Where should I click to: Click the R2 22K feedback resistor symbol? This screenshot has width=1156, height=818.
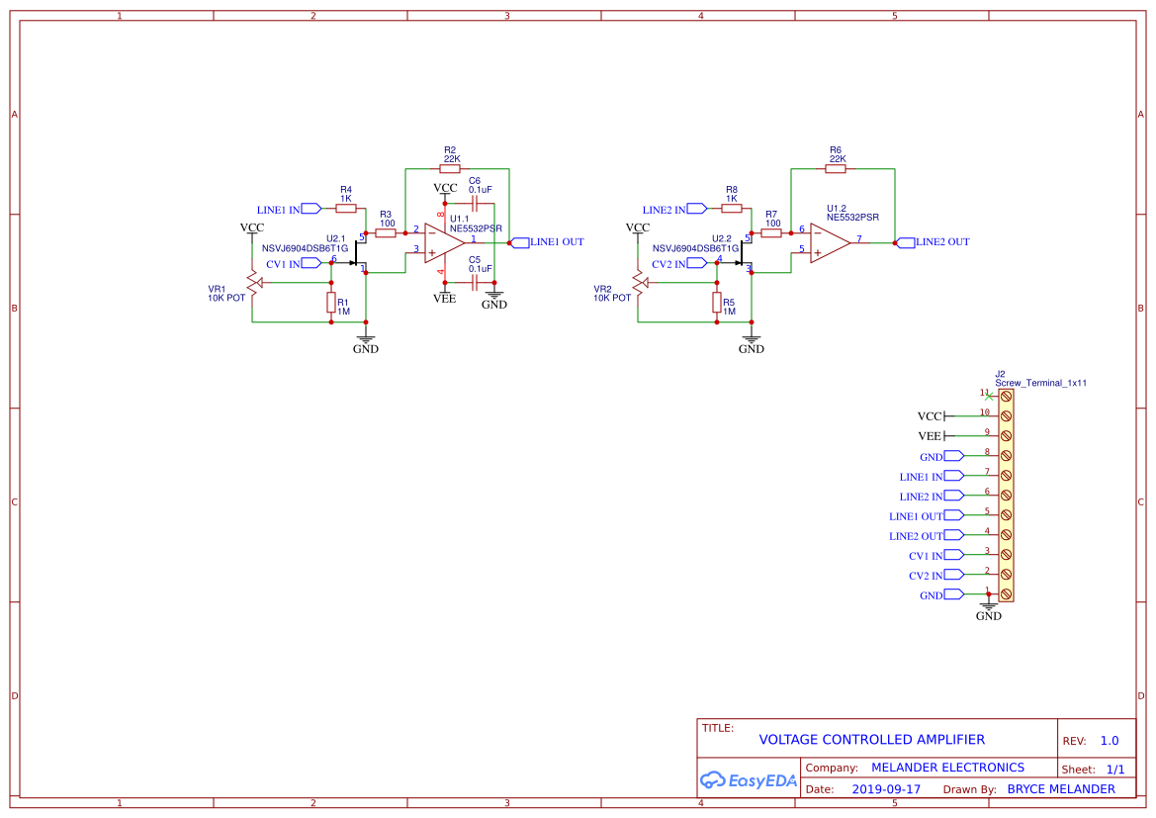pyautogui.click(x=450, y=169)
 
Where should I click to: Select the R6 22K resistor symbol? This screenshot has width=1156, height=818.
pyautogui.click(x=836, y=169)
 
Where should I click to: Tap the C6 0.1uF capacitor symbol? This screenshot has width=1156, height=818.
pyautogui.click(x=475, y=204)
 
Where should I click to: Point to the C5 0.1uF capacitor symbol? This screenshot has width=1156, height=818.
pyautogui.click(x=475, y=282)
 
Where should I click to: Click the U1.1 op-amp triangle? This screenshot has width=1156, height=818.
pyautogui.click(x=443, y=242)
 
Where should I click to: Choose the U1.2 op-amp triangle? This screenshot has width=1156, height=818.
pyautogui.click(x=830, y=242)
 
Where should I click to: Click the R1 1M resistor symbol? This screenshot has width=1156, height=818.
pyautogui.click(x=331, y=303)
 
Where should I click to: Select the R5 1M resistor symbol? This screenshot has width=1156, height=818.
pyautogui.click(x=717, y=303)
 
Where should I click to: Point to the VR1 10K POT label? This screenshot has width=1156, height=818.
pyautogui.click(x=226, y=294)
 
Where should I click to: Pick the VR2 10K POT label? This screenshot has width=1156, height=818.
pyautogui.click(x=612, y=294)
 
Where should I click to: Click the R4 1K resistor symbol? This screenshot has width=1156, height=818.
pyautogui.click(x=346, y=209)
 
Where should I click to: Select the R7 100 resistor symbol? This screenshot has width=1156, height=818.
pyautogui.click(x=771, y=232)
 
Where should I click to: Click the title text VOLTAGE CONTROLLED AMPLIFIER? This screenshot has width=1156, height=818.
pyautogui.click(x=871, y=740)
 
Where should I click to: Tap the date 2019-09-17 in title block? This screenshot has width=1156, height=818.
pyautogui.click(x=886, y=789)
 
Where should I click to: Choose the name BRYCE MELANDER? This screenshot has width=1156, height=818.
pyautogui.click(x=1061, y=789)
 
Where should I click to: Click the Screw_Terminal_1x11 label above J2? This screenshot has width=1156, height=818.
pyautogui.click(x=1041, y=383)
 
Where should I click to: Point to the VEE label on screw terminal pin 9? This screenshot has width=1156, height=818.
pyautogui.click(x=930, y=436)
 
